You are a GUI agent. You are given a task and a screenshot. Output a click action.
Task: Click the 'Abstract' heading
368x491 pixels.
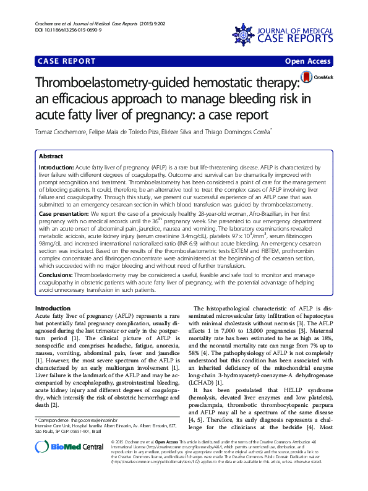[x=51, y=158]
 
